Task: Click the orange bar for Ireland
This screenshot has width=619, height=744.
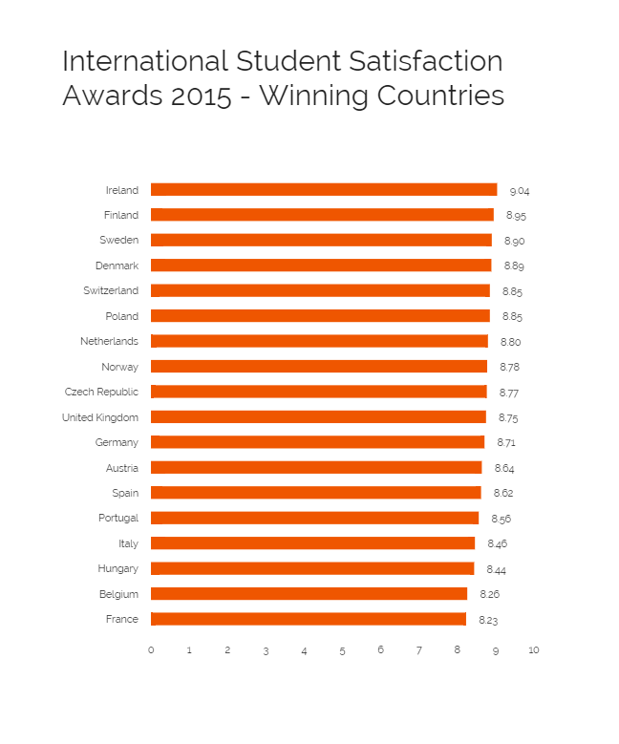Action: tap(324, 190)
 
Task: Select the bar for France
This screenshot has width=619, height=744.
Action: tap(309, 619)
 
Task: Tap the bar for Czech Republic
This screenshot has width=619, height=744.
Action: tap(319, 392)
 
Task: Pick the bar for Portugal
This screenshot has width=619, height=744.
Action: tap(315, 518)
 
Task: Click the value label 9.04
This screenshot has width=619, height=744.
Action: tap(519, 191)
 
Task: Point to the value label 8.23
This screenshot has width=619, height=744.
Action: tap(488, 620)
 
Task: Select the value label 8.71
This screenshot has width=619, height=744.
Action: tap(506, 443)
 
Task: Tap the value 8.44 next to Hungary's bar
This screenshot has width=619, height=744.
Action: tap(496, 569)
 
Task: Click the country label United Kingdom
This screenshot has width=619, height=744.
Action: tap(100, 417)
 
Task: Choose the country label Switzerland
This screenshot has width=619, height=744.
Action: tap(110, 290)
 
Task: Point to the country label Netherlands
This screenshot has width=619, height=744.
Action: tap(109, 341)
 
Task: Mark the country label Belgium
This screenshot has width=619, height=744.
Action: tap(118, 594)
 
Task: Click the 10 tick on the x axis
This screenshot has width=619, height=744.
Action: tap(533, 650)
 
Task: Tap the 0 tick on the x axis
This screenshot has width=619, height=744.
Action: tap(151, 650)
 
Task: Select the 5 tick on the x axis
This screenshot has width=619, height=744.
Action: tap(342, 650)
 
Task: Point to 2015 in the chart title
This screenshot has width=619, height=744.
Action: tap(198, 96)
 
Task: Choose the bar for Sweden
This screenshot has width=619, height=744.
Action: tap(321, 241)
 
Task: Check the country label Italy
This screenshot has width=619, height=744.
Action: tap(128, 543)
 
